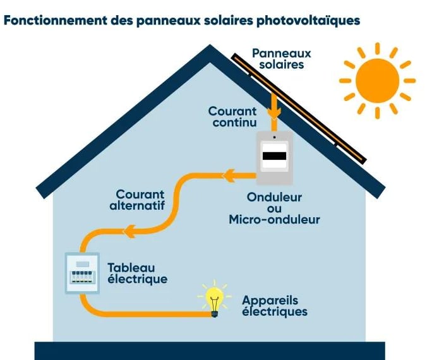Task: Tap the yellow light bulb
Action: point(214,299)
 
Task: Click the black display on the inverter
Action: point(274,155)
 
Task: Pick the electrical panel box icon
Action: point(83,273)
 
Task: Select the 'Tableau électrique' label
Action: point(136,273)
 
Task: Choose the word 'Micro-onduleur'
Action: point(274,220)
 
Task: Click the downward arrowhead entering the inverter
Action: point(273,114)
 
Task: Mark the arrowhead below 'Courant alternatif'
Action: point(129,232)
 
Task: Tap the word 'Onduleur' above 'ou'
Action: point(274,196)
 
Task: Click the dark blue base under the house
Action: point(209,351)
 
